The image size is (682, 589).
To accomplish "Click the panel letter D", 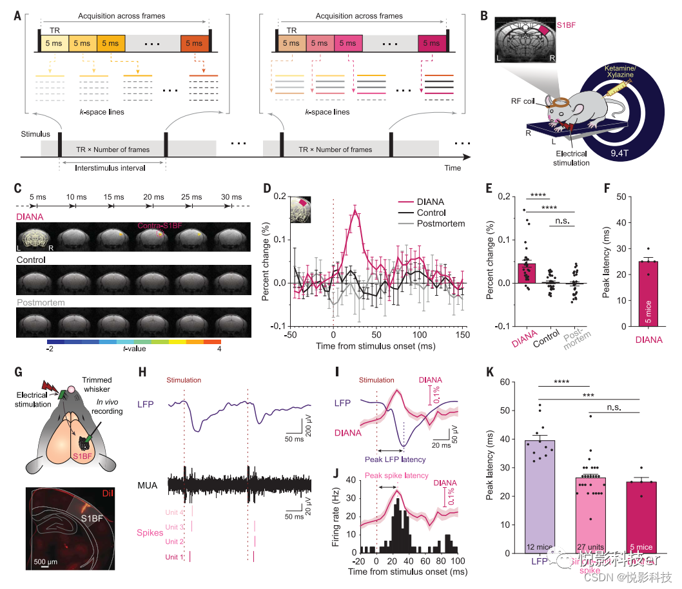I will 269,188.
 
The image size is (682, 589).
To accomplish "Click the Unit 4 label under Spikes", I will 175,512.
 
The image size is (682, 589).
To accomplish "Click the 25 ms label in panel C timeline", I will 193,197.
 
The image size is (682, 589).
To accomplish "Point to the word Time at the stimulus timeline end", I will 453,168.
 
